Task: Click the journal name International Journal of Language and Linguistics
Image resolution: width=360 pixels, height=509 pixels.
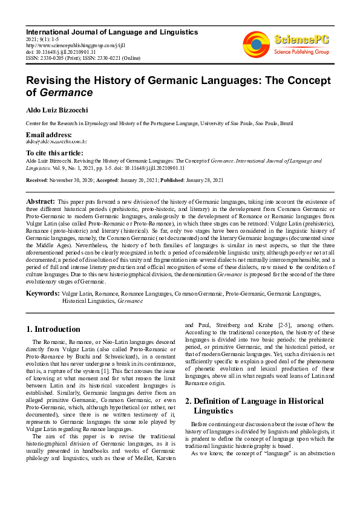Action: click(112, 31)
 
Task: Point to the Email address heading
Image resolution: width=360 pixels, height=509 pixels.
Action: click(49, 134)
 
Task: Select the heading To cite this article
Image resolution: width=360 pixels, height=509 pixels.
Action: click(55, 153)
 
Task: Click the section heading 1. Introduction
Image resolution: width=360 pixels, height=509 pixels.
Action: click(53, 329)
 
